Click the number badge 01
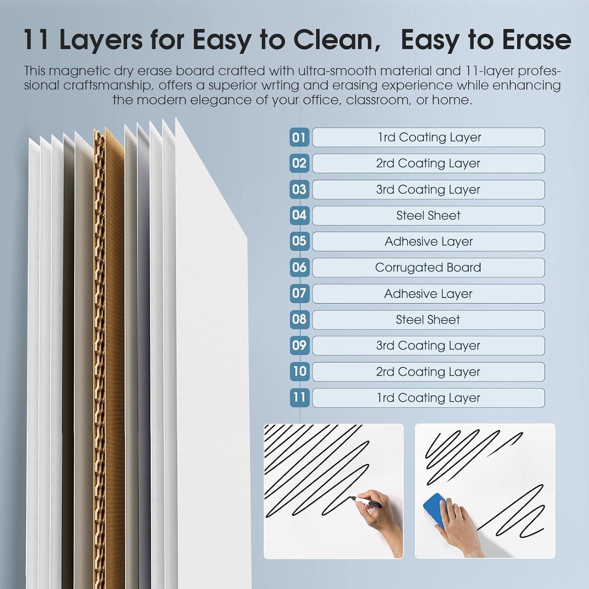click(x=299, y=137)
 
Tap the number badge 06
click(x=299, y=267)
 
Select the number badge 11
click(x=299, y=397)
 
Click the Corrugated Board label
click(x=428, y=267)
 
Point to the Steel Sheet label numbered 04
click(x=428, y=216)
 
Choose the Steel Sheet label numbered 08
click(x=428, y=320)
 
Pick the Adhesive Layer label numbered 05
click(x=428, y=241)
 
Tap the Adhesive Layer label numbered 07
click(x=428, y=294)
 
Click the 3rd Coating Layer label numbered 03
click(x=428, y=190)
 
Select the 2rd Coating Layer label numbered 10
click(x=428, y=372)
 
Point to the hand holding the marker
click(x=377, y=518)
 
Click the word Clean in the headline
click(x=337, y=40)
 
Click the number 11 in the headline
click(x=36, y=40)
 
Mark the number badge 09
click(x=299, y=346)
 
